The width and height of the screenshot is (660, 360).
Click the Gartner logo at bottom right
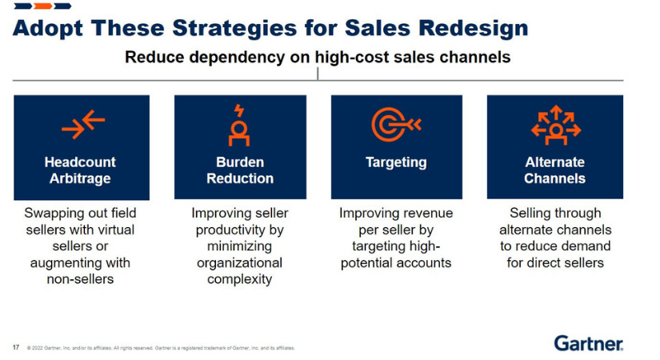click(588, 343)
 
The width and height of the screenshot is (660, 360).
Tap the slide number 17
click(16, 347)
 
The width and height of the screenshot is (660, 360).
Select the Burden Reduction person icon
click(239, 126)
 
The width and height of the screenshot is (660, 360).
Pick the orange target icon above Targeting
click(395, 125)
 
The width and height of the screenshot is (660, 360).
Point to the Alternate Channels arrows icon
click(554, 125)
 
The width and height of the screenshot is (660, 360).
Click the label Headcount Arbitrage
click(81, 170)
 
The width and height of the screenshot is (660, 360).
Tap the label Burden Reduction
click(239, 170)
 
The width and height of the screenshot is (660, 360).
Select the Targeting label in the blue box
click(396, 162)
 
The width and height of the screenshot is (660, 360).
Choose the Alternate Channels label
click(554, 170)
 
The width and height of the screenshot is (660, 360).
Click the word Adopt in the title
click(47, 29)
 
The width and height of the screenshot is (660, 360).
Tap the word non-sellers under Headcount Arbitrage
click(80, 279)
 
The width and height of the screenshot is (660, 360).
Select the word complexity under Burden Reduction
click(239, 279)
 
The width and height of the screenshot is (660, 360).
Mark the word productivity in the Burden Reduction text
click(239, 230)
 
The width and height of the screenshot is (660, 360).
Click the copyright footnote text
click(160, 348)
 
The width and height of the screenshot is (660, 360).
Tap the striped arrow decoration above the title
click(42, 6)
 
